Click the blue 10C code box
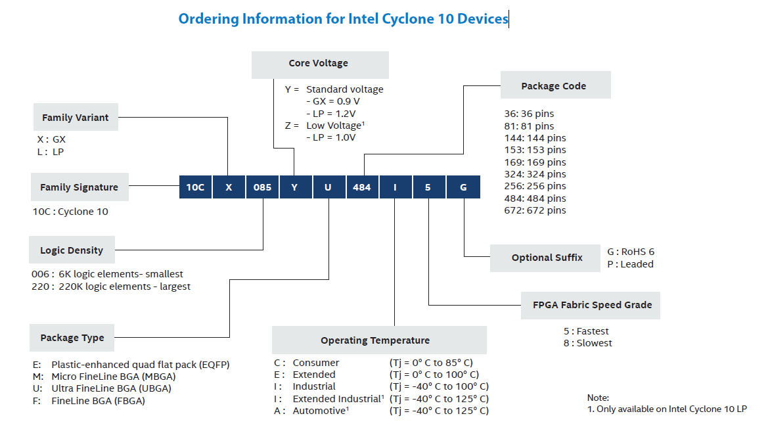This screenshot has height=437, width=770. coord(195,187)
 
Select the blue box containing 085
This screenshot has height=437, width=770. coord(262,187)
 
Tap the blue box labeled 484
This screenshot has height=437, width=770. coord(362,187)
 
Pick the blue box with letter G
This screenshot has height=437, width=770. coord(463,187)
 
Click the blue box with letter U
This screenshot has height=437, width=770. coord(328,187)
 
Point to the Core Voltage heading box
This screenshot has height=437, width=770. coord(319,64)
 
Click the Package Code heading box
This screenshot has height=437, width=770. coord(555,86)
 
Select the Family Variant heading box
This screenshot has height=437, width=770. coord(76,118)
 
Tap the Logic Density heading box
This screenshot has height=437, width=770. coord(72,250)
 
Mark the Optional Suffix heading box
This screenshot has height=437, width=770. coord(546,258)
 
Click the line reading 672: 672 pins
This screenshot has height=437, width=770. coord(535,210)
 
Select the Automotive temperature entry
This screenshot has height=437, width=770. coord(381,411)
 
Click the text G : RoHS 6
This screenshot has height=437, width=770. coord(630,252)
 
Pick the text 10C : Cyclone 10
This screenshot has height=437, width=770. coord(70,212)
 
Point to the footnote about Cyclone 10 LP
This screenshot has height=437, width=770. coord(666,409)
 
